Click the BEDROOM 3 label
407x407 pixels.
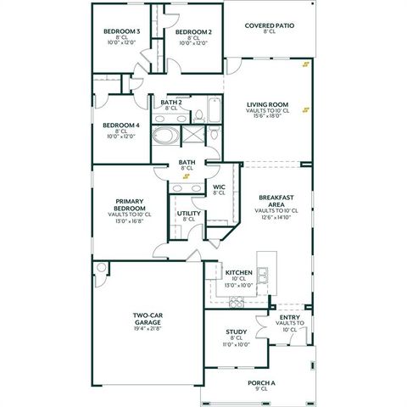tap(121, 31)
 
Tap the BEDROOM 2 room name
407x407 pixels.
tap(193, 31)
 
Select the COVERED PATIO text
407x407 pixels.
tap(270, 25)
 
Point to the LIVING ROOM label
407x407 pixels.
tap(267, 103)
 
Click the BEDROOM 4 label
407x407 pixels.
tap(120, 125)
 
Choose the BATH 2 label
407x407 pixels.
tap(171, 102)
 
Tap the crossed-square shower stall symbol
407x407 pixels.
tap(193, 135)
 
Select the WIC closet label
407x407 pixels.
tap(219, 187)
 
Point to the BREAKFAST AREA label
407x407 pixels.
tap(276, 201)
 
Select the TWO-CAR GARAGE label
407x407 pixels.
tap(147, 320)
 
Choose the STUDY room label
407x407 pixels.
tap(237, 332)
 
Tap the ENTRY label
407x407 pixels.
tap(289, 318)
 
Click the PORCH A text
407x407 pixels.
tap(261, 382)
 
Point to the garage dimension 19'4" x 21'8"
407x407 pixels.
tap(147, 329)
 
